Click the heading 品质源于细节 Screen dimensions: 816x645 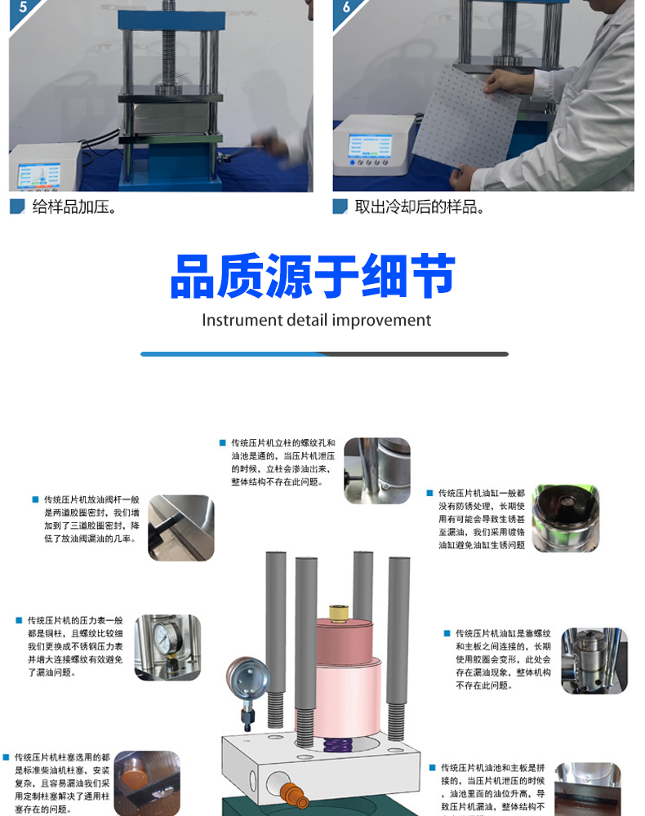click(x=313, y=277)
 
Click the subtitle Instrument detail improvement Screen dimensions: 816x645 click(x=317, y=320)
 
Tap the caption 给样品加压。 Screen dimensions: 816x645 click(x=74, y=207)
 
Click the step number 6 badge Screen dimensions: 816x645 click(x=345, y=10)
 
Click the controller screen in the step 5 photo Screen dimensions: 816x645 click(x=38, y=175)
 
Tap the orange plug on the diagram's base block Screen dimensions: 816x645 click(x=291, y=792)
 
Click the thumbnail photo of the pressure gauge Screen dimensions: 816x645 click(x=167, y=647)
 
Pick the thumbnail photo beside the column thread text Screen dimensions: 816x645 click(x=376, y=470)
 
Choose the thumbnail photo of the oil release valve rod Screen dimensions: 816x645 click(x=180, y=528)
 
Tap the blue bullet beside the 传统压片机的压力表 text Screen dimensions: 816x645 click(x=18, y=621)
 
